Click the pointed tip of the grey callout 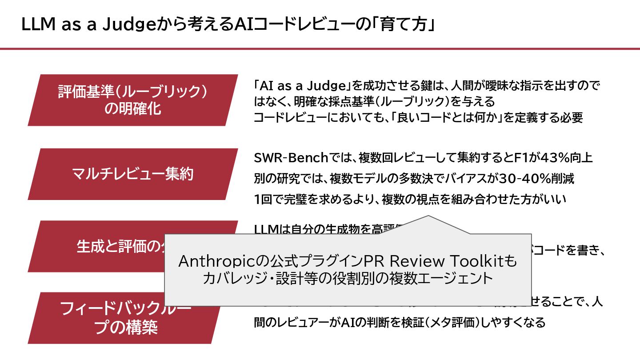[428, 217]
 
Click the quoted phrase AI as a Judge [303, 85]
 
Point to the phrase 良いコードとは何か [451, 117]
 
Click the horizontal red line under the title [320, 48]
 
